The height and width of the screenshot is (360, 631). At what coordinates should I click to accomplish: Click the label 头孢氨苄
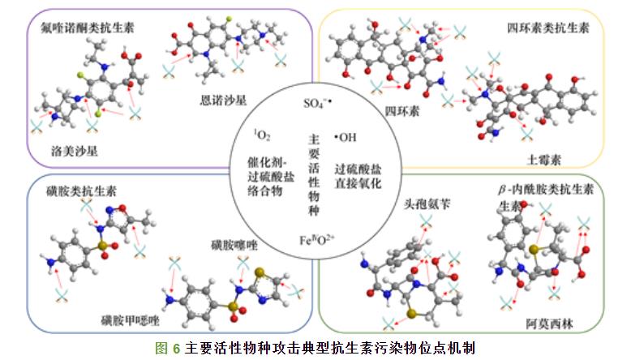coord(428,205)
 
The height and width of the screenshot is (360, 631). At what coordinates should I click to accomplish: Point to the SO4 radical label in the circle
coord(318,103)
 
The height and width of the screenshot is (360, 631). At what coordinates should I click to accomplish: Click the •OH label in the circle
coord(346,137)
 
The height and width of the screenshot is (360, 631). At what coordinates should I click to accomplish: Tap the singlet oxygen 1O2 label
coord(263,134)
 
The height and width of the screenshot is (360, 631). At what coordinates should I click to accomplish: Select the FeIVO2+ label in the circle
coord(317,240)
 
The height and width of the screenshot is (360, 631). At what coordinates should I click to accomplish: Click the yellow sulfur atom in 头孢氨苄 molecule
coord(412,312)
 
